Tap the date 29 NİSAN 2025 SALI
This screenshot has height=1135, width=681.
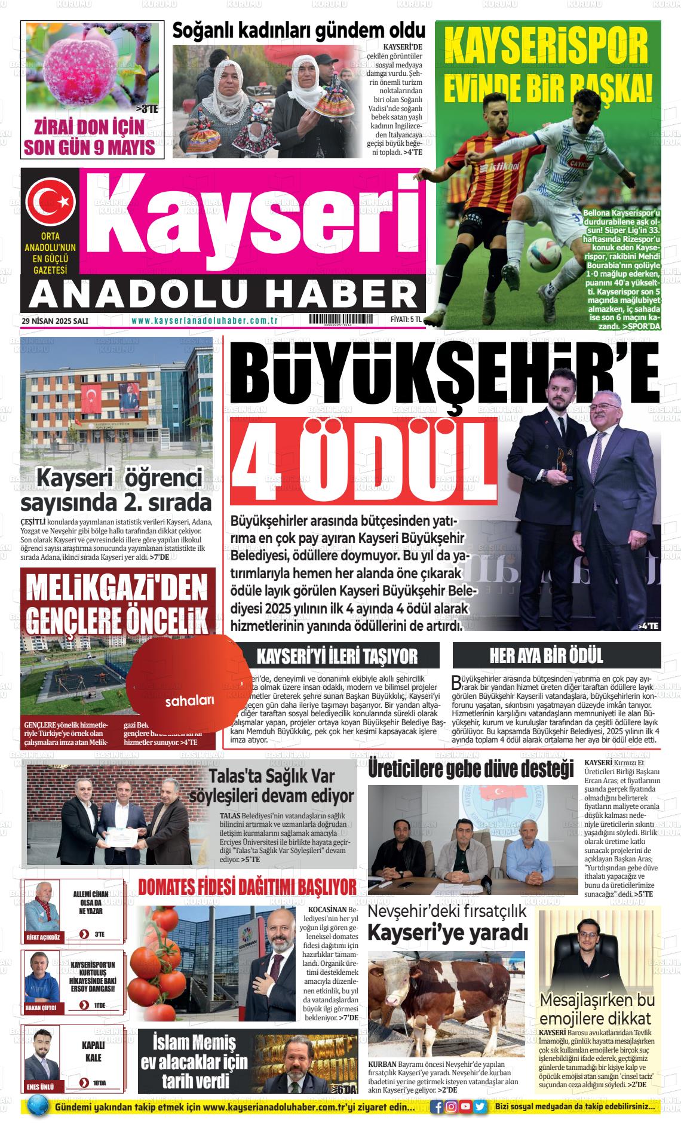(55, 321)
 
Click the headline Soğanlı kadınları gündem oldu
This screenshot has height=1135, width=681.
(299, 31)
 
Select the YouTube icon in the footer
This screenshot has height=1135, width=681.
(465, 1106)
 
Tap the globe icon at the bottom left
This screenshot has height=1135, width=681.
(37, 1106)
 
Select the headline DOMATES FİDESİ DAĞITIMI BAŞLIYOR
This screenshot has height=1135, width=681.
(247, 888)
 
